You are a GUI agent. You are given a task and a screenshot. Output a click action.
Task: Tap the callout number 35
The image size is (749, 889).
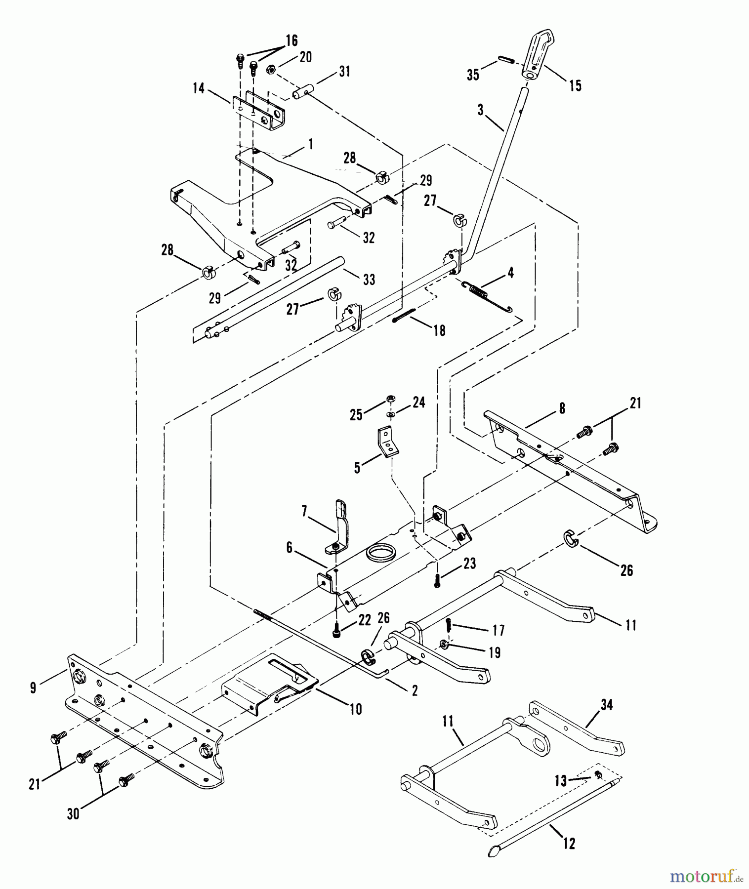click(473, 75)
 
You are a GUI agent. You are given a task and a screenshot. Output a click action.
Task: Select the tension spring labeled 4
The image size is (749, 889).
click(487, 297)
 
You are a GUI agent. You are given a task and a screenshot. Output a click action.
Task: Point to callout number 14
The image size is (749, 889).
click(199, 89)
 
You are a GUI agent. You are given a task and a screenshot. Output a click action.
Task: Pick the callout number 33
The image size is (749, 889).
click(369, 280)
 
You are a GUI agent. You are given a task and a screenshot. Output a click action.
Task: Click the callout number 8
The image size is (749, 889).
click(562, 409)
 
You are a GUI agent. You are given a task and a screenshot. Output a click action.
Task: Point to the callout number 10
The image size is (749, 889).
click(356, 710)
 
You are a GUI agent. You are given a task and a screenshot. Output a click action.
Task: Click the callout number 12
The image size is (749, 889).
click(569, 844)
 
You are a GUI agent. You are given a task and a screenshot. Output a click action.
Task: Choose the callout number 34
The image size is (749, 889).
click(607, 706)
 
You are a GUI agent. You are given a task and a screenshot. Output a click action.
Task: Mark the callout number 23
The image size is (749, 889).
click(469, 564)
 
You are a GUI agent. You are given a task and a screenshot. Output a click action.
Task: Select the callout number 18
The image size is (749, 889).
click(439, 330)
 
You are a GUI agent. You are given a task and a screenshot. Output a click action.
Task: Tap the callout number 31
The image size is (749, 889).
click(344, 72)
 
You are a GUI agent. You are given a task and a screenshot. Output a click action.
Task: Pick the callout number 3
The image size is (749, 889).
click(481, 110)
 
